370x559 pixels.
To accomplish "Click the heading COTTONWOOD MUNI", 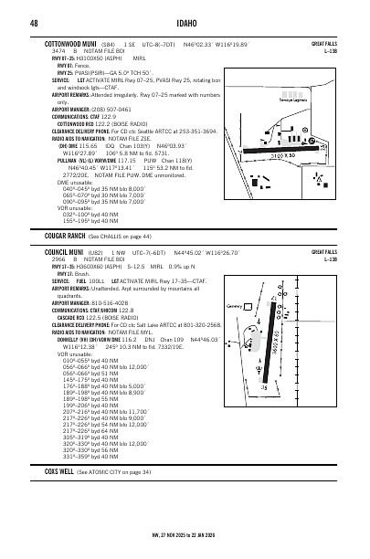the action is point(74,42).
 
